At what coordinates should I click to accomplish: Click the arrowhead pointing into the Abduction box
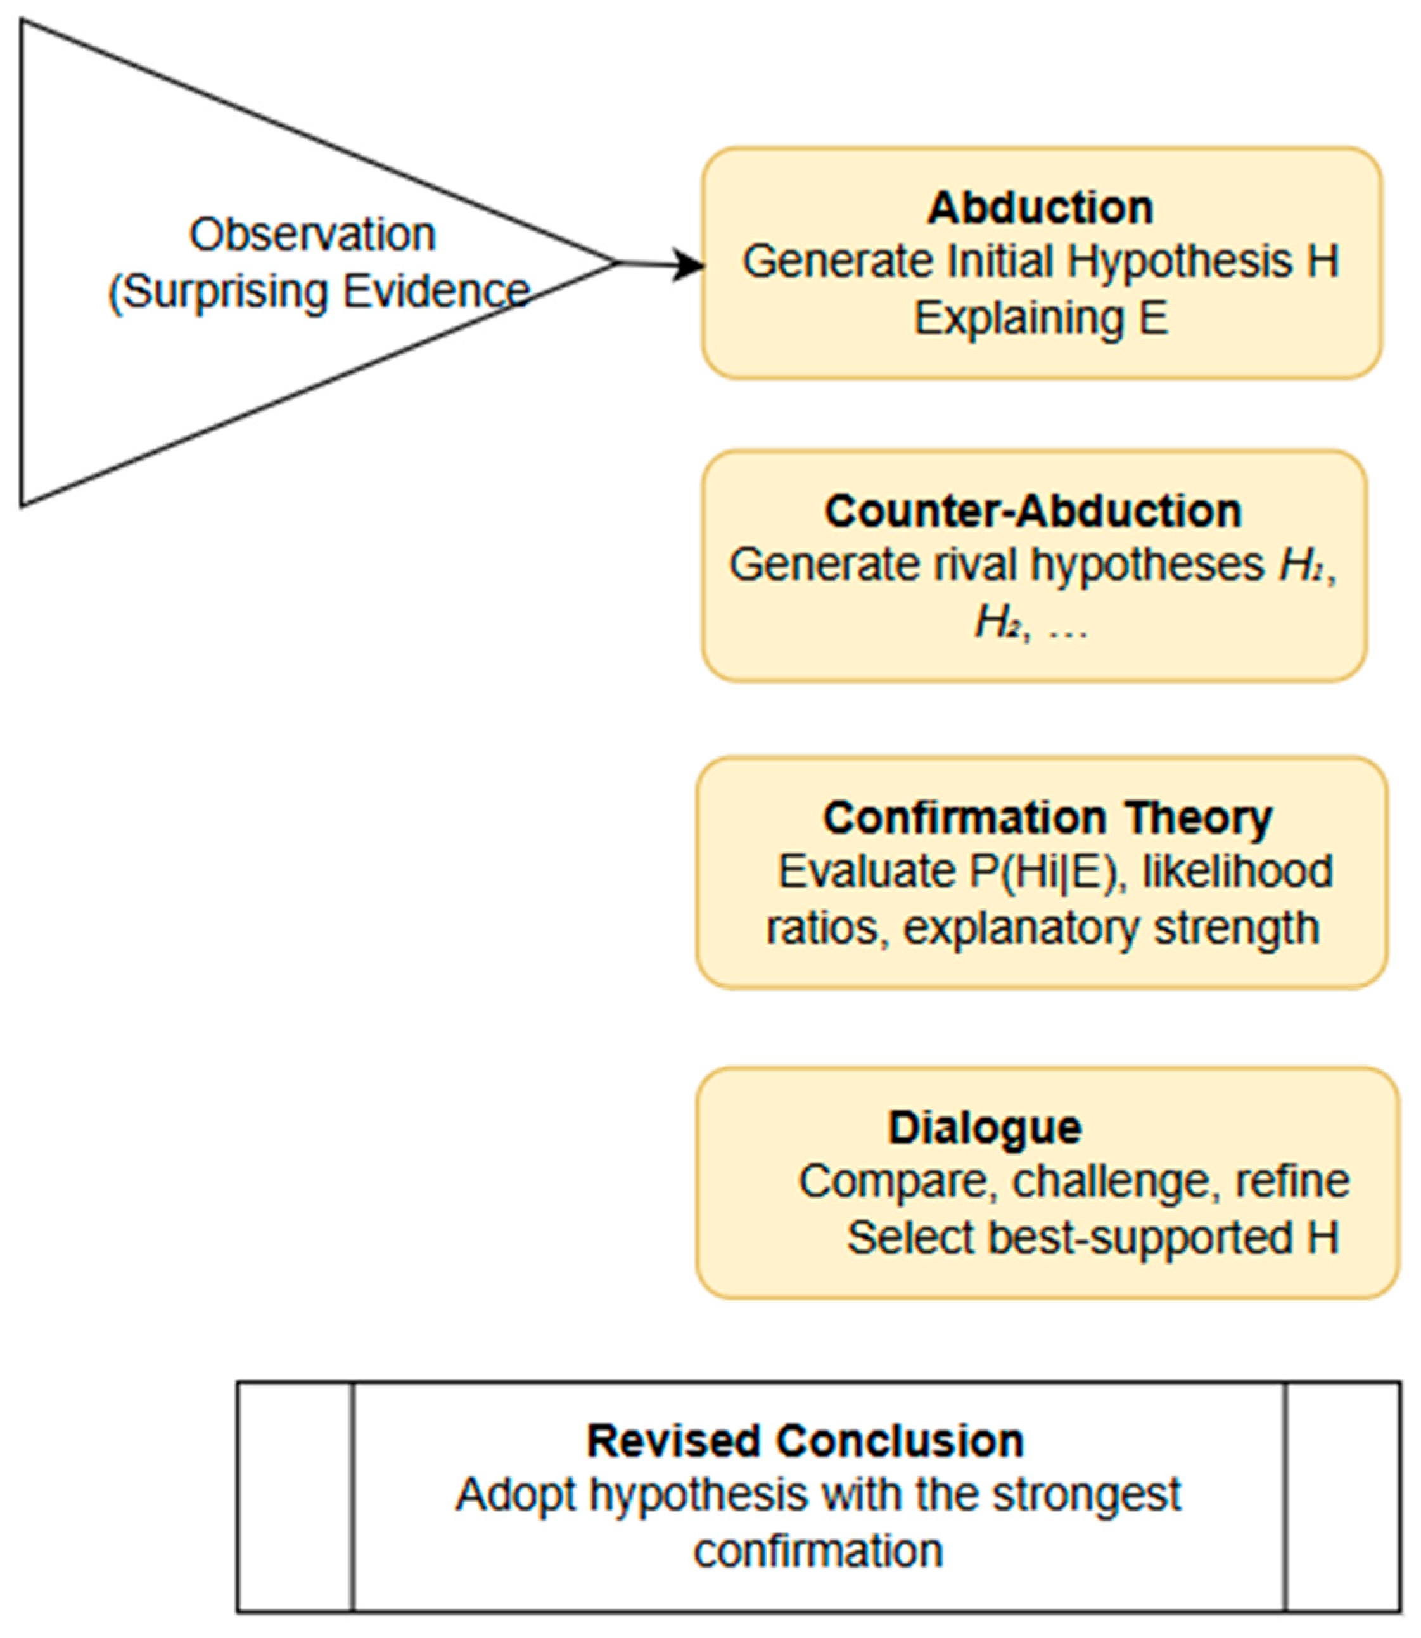[x=688, y=264]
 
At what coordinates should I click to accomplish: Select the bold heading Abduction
[x=1040, y=208]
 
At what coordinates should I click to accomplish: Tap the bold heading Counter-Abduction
[x=1033, y=511]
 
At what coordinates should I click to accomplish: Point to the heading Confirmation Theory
[x=1047, y=818]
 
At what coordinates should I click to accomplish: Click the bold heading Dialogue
[x=984, y=1127]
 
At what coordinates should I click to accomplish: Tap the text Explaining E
[x=1040, y=319]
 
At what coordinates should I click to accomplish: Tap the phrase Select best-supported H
[x=1093, y=1237]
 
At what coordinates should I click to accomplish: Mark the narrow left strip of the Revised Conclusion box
[x=295, y=1497]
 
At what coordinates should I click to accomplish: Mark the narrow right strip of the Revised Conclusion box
[x=1342, y=1497]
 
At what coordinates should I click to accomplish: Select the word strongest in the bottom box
[x=1086, y=1495]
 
